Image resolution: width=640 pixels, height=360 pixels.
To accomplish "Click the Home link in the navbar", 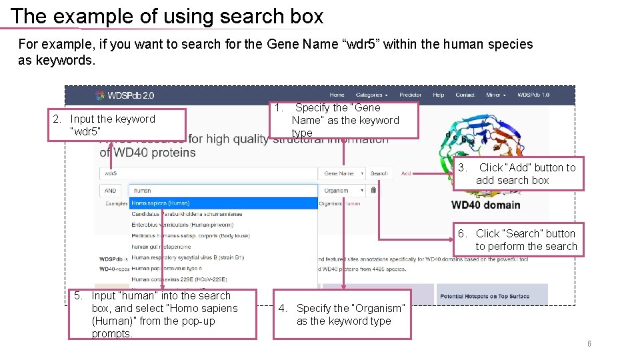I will pyautogui.click(x=337, y=95).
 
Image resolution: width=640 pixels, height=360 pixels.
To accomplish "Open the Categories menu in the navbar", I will pyautogui.click(x=371, y=95).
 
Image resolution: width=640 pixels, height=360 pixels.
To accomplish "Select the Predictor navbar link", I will pyautogui.click(x=410, y=95).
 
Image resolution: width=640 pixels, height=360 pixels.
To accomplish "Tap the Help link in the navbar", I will pyautogui.click(x=438, y=95).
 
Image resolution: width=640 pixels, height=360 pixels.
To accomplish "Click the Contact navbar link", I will pyautogui.click(x=465, y=95).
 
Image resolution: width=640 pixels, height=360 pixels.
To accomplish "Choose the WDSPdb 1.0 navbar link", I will pyautogui.click(x=533, y=95).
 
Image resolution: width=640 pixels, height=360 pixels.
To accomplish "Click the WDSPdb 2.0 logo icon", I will pyautogui.click(x=101, y=96).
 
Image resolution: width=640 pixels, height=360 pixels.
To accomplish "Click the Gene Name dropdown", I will pyautogui.click(x=342, y=173).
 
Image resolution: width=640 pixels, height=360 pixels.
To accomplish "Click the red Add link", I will pyautogui.click(x=406, y=173).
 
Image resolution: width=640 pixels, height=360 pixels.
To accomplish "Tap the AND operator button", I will pyautogui.click(x=110, y=191).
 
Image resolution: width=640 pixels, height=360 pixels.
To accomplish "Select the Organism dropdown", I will pyautogui.click(x=342, y=191).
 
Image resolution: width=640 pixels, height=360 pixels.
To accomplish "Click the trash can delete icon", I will pyautogui.click(x=373, y=191).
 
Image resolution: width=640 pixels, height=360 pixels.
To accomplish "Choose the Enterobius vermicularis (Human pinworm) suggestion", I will pyautogui.click(x=177, y=225).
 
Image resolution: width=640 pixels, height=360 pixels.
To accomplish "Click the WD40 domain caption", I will pyautogui.click(x=486, y=204).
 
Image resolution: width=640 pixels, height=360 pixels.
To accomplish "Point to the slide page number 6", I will pyautogui.click(x=589, y=343).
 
